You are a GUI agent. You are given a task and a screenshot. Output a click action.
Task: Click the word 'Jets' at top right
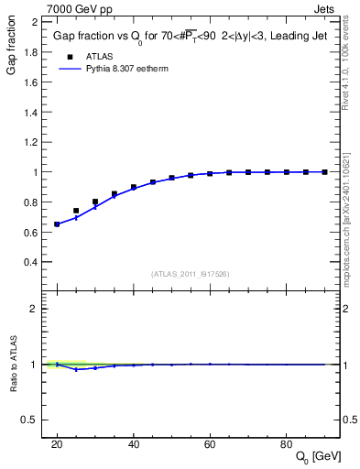pyautogui.click(x=325, y=7)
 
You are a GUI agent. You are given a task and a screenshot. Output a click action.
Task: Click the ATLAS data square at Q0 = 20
pyautogui.click(x=57, y=224)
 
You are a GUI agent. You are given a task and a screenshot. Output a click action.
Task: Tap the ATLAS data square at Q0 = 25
pyautogui.click(x=76, y=211)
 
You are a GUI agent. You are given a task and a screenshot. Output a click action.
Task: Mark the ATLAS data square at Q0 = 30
pyautogui.click(x=95, y=202)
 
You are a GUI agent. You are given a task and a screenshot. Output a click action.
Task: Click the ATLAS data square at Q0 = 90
pyautogui.click(x=325, y=171)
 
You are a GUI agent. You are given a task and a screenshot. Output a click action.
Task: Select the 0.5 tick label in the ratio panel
pyautogui.click(x=29, y=420)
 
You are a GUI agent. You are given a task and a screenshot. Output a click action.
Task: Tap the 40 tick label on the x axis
pyautogui.click(x=134, y=443)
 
